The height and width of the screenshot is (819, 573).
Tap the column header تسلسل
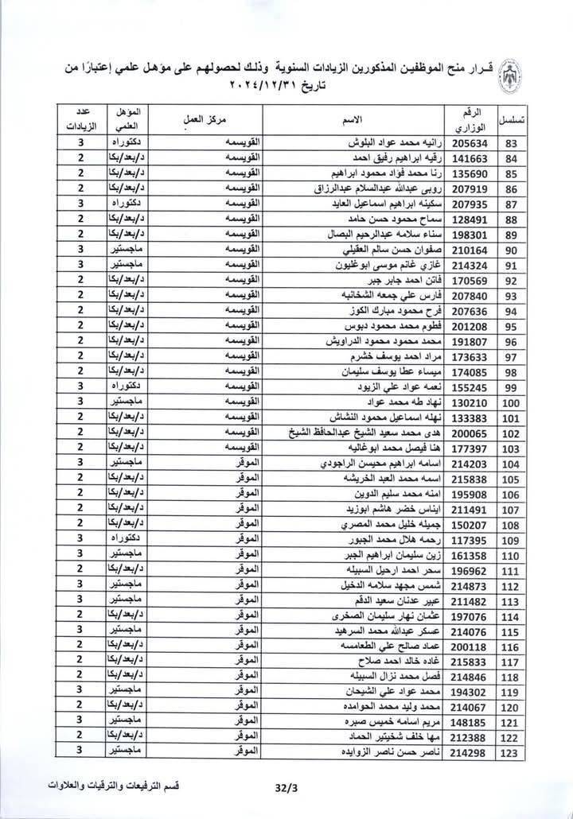pos(513,120)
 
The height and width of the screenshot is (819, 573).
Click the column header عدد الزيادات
pos(80,119)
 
